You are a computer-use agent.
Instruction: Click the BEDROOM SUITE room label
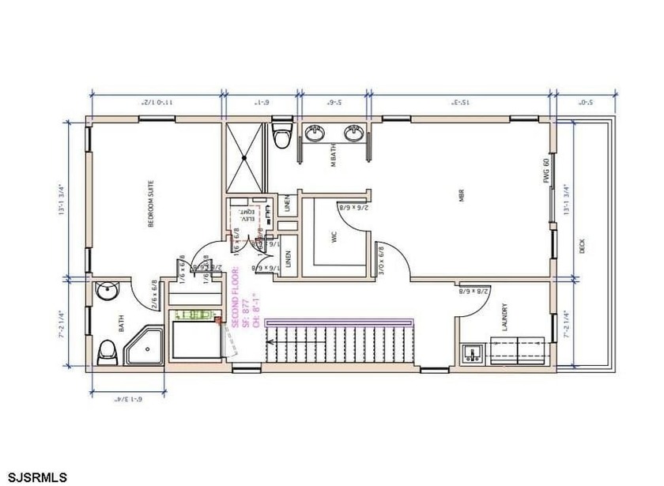point(150,205)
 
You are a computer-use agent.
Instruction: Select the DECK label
point(583,246)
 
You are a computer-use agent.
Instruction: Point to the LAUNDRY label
point(504,320)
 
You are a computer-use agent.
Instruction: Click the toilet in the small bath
point(107,352)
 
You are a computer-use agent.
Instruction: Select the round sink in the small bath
point(105,294)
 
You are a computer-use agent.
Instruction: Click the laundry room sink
point(474,352)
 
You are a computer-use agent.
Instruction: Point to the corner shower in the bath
point(141,346)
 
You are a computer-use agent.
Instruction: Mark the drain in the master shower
point(245,158)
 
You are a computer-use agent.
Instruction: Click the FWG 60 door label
point(545,172)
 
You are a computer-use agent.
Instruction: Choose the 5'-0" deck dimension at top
point(584,102)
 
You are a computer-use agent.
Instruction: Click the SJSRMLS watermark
point(34,477)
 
